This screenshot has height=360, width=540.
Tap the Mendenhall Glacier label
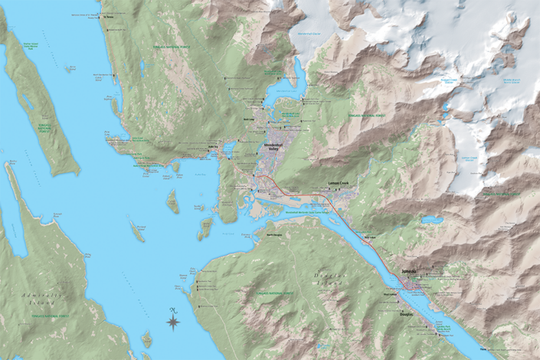click(306, 34)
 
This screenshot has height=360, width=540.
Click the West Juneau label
click(389, 293)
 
